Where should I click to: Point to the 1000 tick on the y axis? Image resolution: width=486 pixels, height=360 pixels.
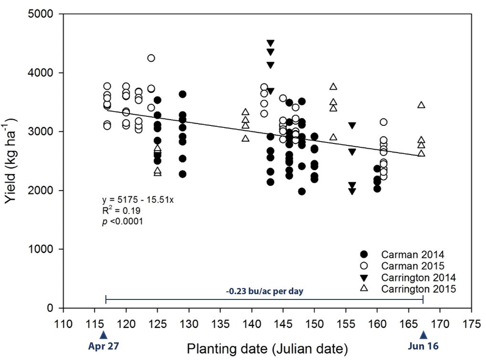46,249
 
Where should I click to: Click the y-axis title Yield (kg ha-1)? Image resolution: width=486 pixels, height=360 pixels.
13,158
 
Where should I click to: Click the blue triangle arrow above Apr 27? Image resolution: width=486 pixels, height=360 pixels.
104,335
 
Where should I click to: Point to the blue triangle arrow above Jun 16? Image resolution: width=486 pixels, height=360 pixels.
423,335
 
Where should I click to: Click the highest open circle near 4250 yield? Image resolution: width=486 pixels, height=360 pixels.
151,58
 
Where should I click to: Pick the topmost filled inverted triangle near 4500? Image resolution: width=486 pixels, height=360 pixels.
270,43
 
